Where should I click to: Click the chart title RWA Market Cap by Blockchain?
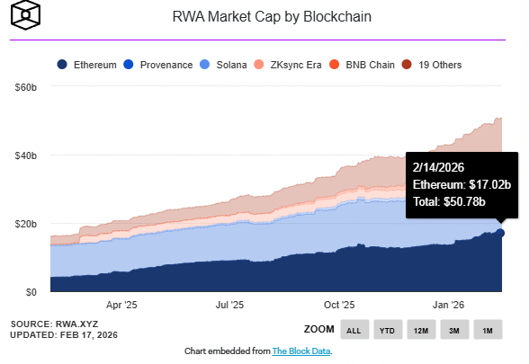pos(271,17)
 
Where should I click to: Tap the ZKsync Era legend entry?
pos(296,65)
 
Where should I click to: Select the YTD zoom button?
pos(388,330)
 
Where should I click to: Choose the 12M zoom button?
pos(421,330)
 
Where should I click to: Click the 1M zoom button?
pos(488,330)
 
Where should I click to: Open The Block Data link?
pos(301,351)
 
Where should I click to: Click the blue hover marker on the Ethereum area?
pos(500,233)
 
